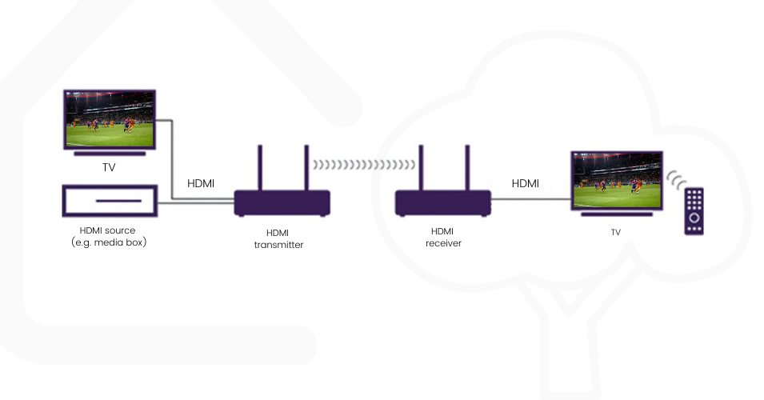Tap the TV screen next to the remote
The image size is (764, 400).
[x=616, y=180]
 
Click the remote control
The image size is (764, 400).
[x=694, y=210]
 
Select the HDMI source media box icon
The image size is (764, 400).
[x=109, y=201]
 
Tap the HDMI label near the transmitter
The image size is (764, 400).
[x=201, y=183]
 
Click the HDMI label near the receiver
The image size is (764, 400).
[x=526, y=183]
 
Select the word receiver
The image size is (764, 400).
[x=443, y=242]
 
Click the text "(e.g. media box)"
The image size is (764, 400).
[x=108, y=242]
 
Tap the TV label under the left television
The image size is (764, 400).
[x=109, y=168]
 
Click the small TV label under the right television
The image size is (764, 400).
[x=615, y=232]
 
